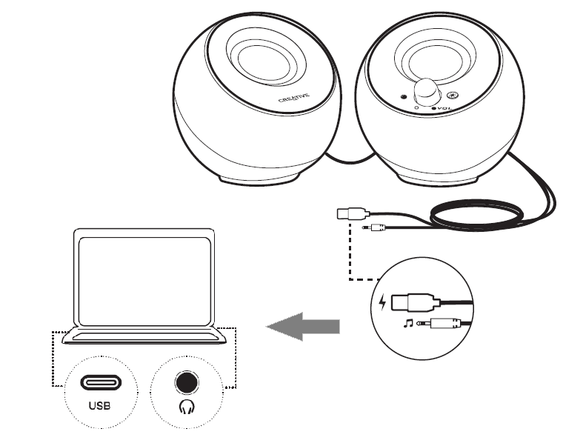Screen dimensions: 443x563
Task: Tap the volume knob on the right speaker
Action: [426, 91]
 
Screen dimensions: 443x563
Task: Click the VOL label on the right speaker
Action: [441, 108]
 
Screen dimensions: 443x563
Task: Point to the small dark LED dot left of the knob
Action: [404, 96]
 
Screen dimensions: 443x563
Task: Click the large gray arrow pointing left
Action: [303, 326]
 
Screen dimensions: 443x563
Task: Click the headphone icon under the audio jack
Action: [186, 406]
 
